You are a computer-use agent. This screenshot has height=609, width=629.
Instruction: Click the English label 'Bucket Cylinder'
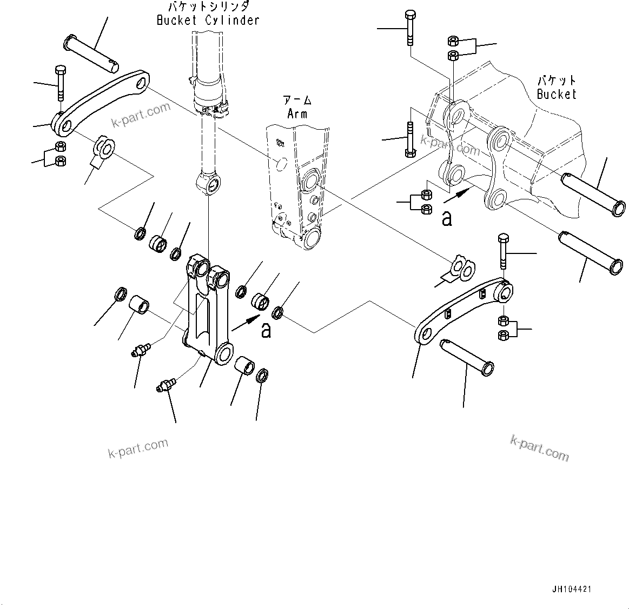tap(208, 21)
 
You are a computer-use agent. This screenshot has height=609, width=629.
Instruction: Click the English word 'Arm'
tap(297, 113)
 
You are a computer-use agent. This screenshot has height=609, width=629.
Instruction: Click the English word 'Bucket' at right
tap(557, 94)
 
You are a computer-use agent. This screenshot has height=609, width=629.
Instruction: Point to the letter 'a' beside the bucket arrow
tap(447, 218)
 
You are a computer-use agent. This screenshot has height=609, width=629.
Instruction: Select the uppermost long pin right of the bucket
tap(593, 193)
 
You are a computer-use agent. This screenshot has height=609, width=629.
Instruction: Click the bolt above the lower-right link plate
tap(503, 251)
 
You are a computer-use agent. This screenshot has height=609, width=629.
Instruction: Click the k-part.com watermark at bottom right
tap(539, 448)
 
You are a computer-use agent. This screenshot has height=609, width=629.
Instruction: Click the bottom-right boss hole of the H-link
tap(224, 355)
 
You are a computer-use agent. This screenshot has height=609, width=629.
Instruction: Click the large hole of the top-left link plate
tap(142, 83)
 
